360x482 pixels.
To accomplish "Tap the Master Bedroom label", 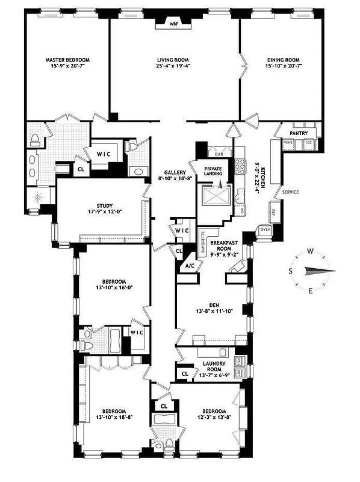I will pyautogui.click(x=67, y=60).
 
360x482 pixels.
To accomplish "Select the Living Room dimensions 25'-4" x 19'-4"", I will pyautogui.click(x=174, y=67).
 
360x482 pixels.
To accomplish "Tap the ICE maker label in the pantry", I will pyautogui.click(x=308, y=143).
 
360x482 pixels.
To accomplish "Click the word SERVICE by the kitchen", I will pyautogui.click(x=290, y=192).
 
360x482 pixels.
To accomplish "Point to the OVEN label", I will pyautogui.click(x=265, y=229).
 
